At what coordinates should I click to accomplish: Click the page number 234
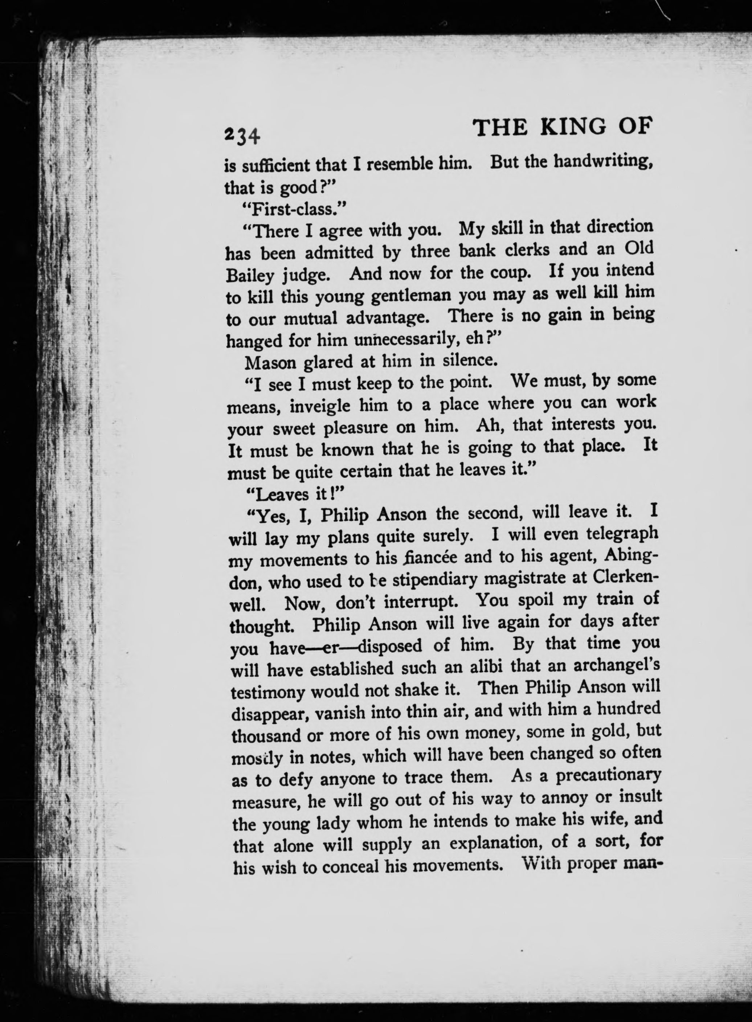242,135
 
